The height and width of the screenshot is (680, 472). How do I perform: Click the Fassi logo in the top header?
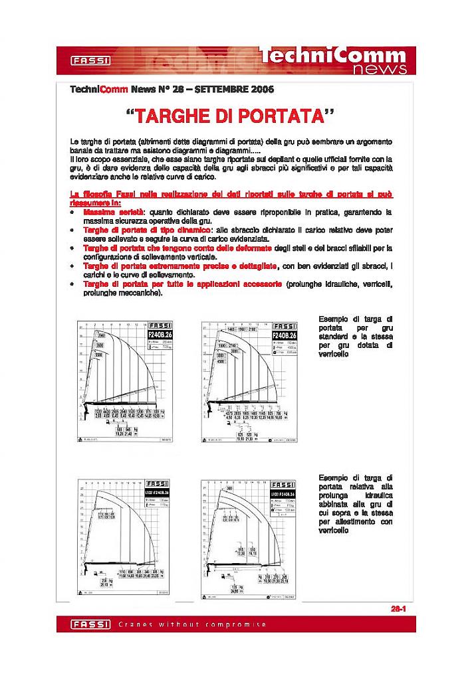(x=91, y=61)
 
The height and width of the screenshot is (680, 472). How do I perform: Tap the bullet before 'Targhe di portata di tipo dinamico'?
(x=72, y=230)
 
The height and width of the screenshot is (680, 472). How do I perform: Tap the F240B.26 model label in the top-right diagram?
(x=285, y=335)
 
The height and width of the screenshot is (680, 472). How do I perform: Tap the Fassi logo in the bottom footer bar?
(x=84, y=624)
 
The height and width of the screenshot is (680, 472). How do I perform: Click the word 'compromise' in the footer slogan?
(x=240, y=624)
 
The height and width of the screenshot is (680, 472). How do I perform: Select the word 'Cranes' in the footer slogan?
(x=134, y=624)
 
